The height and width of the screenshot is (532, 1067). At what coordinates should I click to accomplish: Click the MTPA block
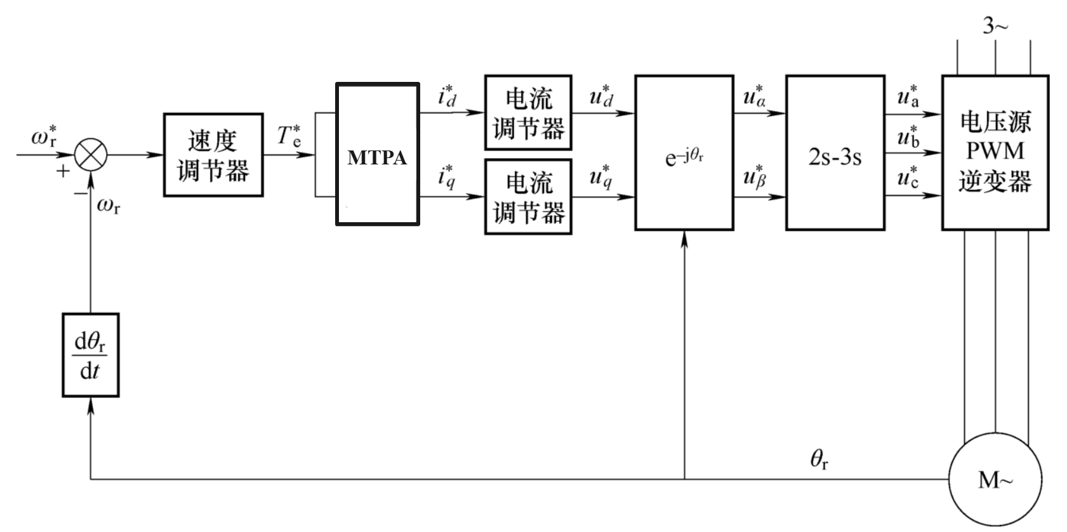click(x=377, y=154)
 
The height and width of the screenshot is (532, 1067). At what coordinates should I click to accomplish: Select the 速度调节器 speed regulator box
click(x=213, y=155)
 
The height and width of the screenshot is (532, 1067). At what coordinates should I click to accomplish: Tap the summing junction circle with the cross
click(x=91, y=154)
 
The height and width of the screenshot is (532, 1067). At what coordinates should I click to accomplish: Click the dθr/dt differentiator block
click(x=91, y=355)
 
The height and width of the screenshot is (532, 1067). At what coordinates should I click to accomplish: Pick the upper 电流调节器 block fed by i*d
click(x=528, y=113)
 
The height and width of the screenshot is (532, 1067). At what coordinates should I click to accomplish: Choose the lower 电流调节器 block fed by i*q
click(x=528, y=197)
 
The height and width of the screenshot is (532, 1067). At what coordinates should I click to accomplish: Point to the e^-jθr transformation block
click(x=684, y=152)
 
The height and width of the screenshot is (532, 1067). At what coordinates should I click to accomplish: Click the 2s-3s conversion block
click(x=835, y=152)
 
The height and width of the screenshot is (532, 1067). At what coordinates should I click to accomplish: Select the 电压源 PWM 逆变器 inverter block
click(x=995, y=152)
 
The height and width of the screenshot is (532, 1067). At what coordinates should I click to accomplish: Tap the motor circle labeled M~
click(x=995, y=480)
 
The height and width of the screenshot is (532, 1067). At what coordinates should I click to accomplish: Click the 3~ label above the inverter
click(x=995, y=26)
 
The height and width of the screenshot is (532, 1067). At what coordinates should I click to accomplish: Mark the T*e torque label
click(x=289, y=136)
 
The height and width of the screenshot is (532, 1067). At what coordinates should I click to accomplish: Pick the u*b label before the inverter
click(x=908, y=136)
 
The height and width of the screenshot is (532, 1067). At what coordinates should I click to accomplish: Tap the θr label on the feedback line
click(x=819, y=459)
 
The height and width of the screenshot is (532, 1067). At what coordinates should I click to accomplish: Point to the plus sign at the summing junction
click(x=63, y=171)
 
